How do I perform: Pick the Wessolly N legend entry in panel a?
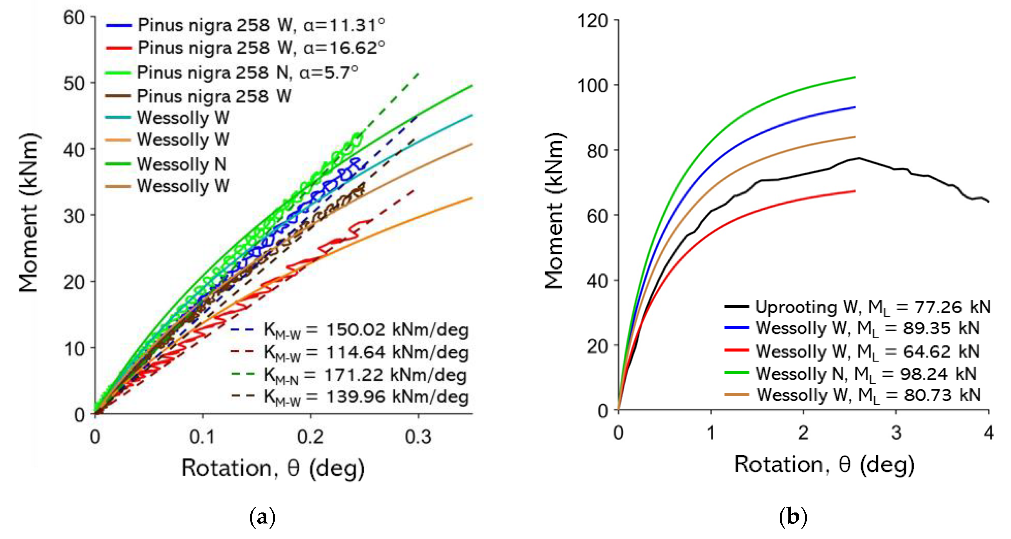(181, 164)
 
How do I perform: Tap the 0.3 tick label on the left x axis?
(418, 437)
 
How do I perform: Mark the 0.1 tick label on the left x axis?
(202, 437)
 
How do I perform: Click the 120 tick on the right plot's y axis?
(592, 21)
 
